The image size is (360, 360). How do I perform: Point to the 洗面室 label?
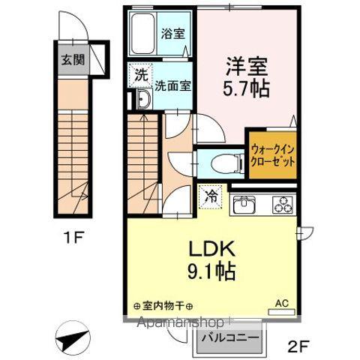(x=173, y=85)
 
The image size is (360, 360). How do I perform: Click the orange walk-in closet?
(x=272, y=155)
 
